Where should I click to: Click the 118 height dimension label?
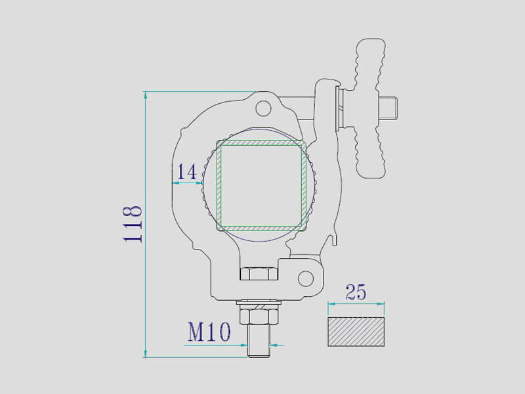(133, 223)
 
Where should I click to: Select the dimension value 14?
(187, 172)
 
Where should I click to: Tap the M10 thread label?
(209, 332)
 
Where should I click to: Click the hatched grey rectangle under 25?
(356, 332)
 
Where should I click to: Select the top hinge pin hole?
(264, 107)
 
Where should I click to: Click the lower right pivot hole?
(305, 278)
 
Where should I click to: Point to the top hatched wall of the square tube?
(262, 142)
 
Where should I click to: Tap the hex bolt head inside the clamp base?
(259, 273)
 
